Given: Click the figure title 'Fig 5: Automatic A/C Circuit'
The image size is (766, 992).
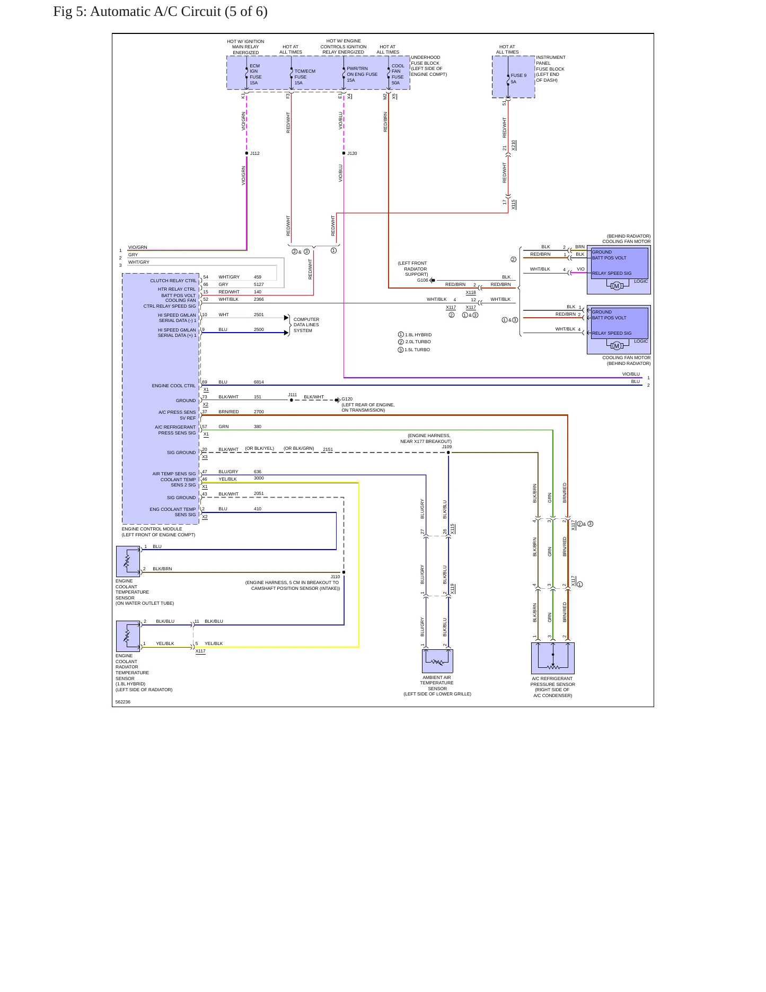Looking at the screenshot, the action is [x=137, y=12].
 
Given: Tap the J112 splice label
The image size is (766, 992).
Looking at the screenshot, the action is [x=255, y=153].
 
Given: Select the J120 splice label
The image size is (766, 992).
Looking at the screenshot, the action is [x=352, y=153].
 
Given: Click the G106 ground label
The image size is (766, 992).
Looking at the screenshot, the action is [x=422, y=280].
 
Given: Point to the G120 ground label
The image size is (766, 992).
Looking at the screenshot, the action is [x=347, y=399].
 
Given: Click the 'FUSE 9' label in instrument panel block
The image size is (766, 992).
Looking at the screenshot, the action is [x=518, y=75].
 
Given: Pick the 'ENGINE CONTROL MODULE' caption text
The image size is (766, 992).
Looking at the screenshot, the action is [x=152, y=529].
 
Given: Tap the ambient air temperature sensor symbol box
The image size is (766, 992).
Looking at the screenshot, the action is [x=437, y=661].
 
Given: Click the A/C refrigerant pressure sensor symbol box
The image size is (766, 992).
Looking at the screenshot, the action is [x=553, y=658].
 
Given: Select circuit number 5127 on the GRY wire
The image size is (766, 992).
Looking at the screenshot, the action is [x=259, y=284].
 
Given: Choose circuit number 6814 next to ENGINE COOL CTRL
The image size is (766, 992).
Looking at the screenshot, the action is [x=259, y=382].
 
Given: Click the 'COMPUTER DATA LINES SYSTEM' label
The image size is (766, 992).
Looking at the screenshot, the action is [x=306, y=325].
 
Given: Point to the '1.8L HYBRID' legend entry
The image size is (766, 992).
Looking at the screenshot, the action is [x=418, y=335].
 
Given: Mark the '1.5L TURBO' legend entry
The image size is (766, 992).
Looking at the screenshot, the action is [x=417, y=350].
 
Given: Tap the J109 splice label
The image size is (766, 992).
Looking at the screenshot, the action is [x=447, y=447].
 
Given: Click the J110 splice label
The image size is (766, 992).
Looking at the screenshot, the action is [x=335, y=577].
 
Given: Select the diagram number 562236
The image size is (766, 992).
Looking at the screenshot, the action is [x=123, y=702].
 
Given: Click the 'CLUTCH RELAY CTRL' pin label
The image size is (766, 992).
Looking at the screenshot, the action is [x=173, y=281].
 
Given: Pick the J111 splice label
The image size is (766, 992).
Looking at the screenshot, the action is [x=293, y=395].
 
